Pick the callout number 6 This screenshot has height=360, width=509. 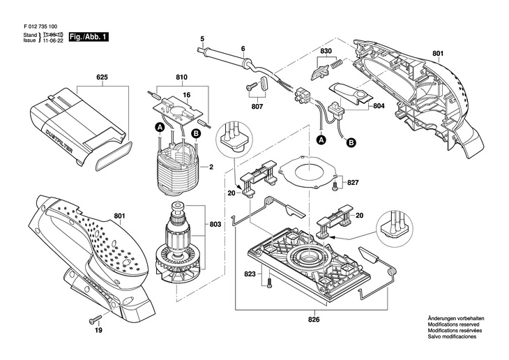(x=243, y=48)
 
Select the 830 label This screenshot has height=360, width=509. (x=326, y=52)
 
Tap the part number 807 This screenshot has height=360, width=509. (x=257, y=107)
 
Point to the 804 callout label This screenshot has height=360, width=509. (x=379, y=106)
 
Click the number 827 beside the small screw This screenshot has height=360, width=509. (x=353, y=182)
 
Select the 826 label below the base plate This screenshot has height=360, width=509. (x=314, y=320)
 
